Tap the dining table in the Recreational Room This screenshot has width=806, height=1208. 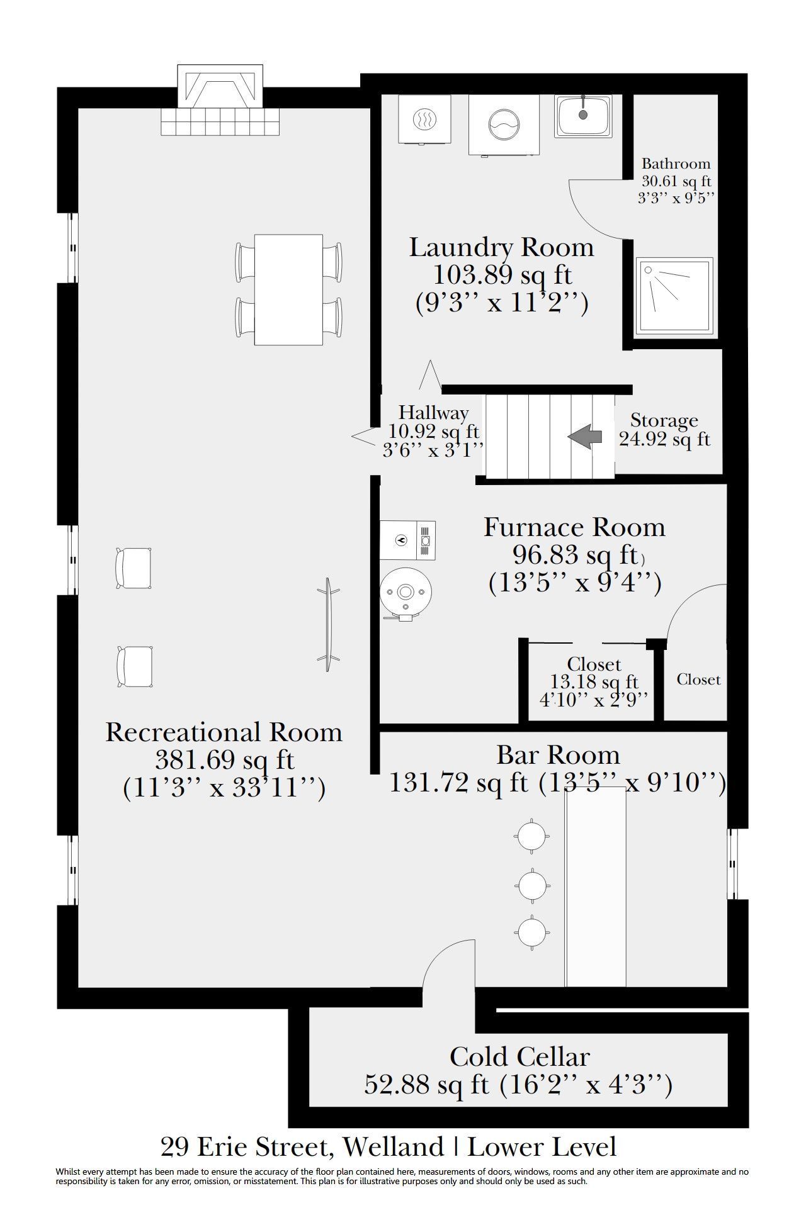pyautogui.click(x=288, y=289)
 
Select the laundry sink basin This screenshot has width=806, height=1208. pyautogui.click(x=583, y=116)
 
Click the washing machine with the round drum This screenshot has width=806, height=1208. pyautogui.click(x=504, y=125)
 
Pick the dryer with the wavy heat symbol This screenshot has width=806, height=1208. pyautogui.click(x=424, y=119)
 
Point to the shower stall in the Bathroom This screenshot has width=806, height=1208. pyautogui.click(x=674, y=296)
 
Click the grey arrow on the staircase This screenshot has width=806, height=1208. pyautogui.click(x=584, y=437)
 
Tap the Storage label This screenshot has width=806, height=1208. pyautogui.click(x=664, y=420)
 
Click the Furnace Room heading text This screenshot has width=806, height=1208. pyautogui.click(x=574, y=527)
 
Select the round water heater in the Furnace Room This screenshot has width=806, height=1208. pyautogui.click(x=406, y=593)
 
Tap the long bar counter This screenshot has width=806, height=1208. pyautogui.click(x=596, y=886)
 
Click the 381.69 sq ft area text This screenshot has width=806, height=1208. pyautogui.click(x=225, y=760)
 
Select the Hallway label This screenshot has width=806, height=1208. pyautogui.click(x=434, y=413)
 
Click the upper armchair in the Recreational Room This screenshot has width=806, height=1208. pyautogui.click(x=133, y=568)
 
